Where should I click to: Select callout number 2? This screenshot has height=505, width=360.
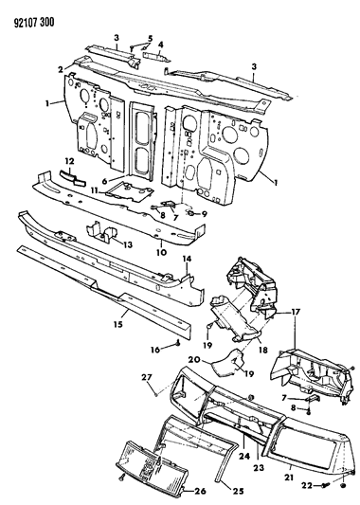click(59, 70)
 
